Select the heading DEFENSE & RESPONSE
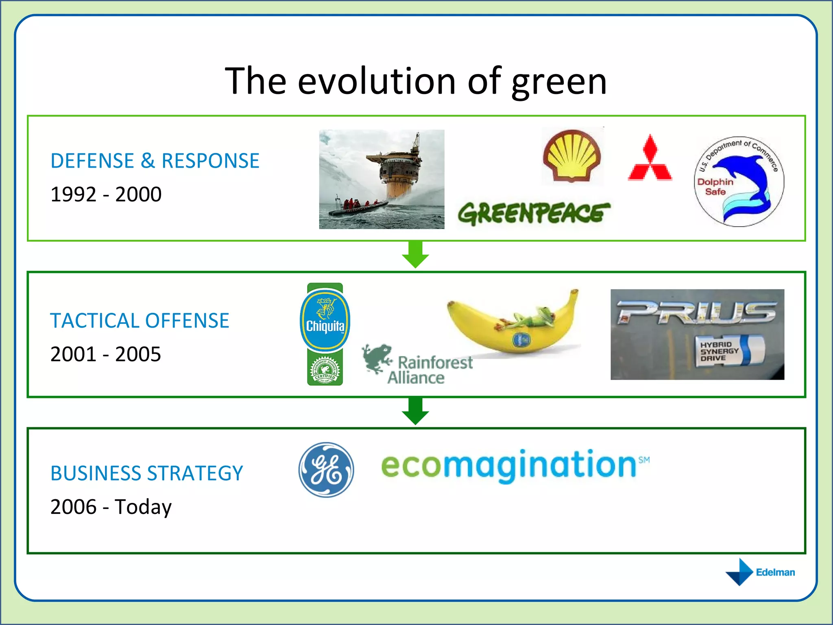(155, 161)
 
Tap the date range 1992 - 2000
(106, 194)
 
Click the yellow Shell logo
(572, 156)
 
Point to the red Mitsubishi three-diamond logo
(650, 159)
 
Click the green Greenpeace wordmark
(534, 213)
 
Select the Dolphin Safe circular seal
(739, 181)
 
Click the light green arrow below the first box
(415, 255)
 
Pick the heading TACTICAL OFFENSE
(140, 321)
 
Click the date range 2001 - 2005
(106, 354)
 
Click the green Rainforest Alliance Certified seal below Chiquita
(325, 370)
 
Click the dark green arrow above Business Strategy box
(415, 411)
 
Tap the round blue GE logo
(326, 470)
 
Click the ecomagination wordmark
(515, 466)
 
